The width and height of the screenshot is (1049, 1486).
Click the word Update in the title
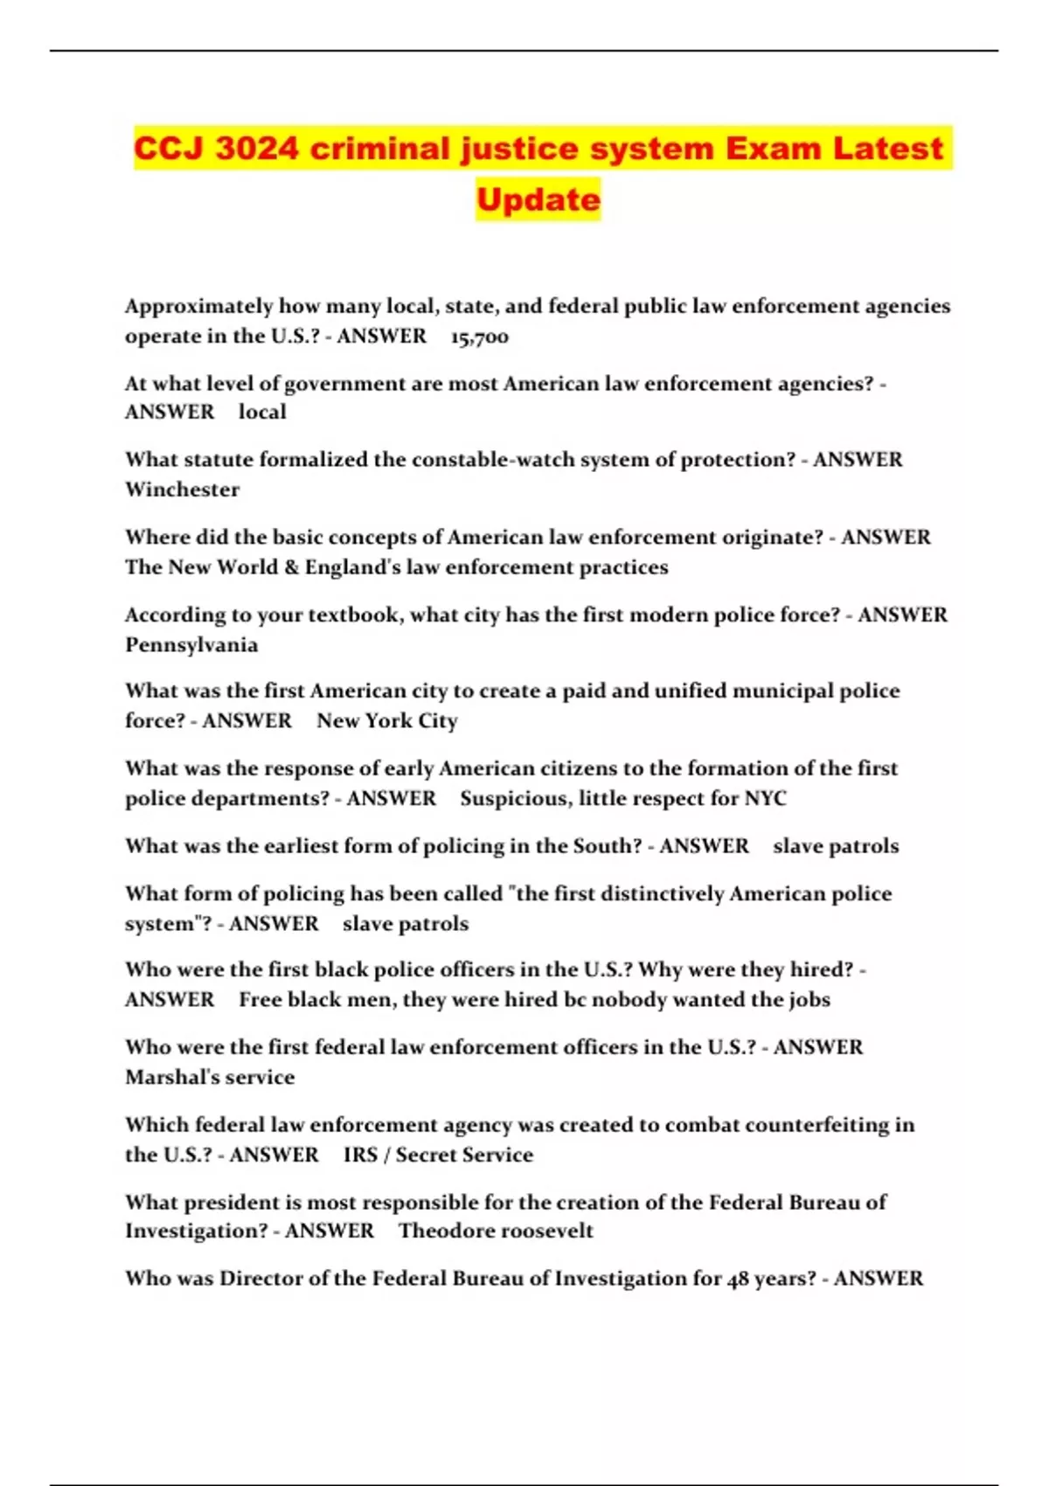[x=538, y=199]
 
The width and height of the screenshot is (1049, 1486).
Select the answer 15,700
[x=479, y=337]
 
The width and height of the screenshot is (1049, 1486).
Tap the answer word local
[x=262, y=412]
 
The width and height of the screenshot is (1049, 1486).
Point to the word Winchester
[x=182, y=490]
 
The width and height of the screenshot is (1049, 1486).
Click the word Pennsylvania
[x=191, y=645]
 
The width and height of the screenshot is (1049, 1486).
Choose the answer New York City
[x=386, y=721]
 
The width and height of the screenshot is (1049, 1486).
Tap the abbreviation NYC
[x=765, y=798]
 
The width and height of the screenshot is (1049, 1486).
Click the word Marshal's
[x=171, y=1077]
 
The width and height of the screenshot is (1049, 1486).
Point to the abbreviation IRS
[x=360, y=1155]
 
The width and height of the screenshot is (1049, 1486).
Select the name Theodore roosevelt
[x=496, y=1231]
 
